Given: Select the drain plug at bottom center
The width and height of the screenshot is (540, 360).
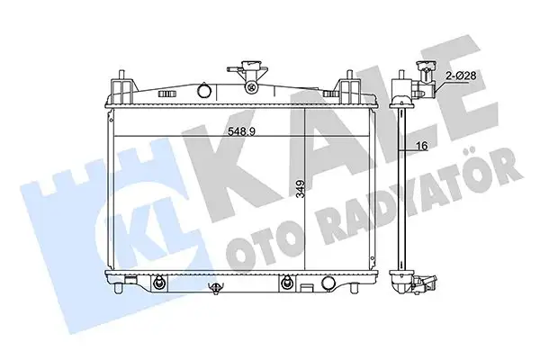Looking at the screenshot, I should pyautogui.click(x=215, y=289).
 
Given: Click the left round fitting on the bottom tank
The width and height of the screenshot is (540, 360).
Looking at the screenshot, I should pyautogui.click(x=159, y=283).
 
